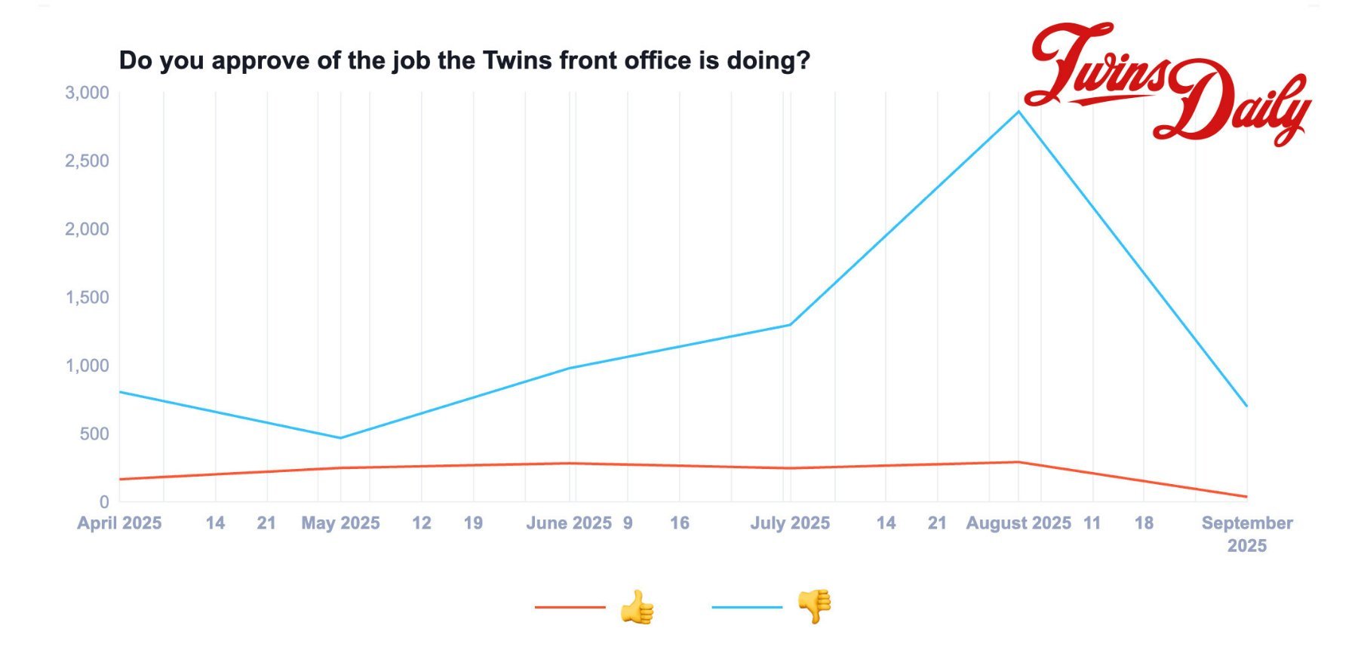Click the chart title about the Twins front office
464,60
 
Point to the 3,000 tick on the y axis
87,93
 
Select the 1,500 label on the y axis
87,297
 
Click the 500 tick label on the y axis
94,434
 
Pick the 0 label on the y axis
104,501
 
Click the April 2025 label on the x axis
119,523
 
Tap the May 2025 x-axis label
340,523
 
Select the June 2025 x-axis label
569,523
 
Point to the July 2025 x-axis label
790,523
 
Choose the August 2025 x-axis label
1018,523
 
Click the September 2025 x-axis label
1246,534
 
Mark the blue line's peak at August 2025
1018,112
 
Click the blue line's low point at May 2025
340,438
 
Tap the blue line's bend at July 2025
790,325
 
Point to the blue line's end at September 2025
1246,406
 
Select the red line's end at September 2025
1246,497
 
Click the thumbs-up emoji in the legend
637,607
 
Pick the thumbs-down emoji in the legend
815,606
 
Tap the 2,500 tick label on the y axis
87,161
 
